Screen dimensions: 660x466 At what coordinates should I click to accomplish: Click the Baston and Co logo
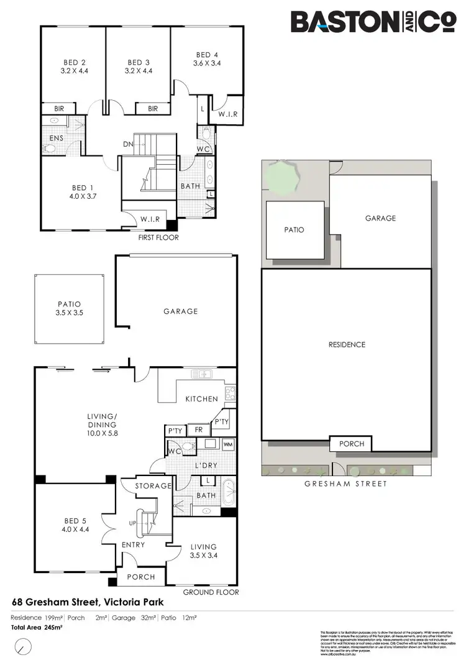pyautogui.click(x=374, y=22)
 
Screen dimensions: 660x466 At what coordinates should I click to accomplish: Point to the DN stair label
pyautogui.click(x=129, y=144)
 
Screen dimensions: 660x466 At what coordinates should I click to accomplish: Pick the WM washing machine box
pyautogui.click(x=227, y=444)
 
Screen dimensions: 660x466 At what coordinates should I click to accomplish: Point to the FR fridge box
pyautogui.click(x=199, y=429)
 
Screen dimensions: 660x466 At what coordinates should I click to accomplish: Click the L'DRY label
pyautogui.click(x=206, y=465)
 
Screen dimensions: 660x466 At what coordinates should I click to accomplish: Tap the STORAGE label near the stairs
pyautogui.click(x=153, y=485)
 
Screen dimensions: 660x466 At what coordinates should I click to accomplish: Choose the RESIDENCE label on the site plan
pyautogui.click(x=346, y=344)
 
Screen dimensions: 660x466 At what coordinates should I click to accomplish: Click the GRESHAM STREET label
pyautogui.click(x=346, y=484)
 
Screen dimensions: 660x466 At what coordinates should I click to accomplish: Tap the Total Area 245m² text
pyautogui.click(x=38, y=627)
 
